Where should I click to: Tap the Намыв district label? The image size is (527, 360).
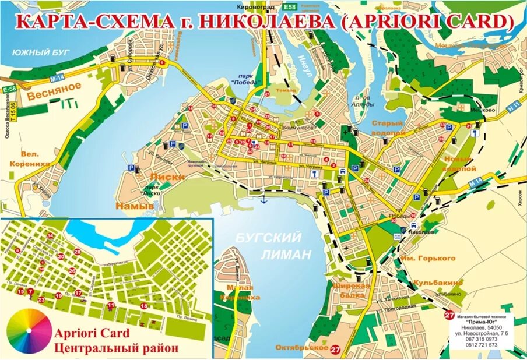click(x=134, y=206)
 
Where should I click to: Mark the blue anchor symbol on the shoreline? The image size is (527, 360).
click(x=263, y=200)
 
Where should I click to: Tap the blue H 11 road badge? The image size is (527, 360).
click(x=513, y=107)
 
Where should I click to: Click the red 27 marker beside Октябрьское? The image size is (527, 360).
click(x=335, y=350)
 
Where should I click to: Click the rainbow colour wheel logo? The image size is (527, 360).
click(x=29, y=330)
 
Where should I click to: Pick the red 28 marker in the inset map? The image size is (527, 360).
click(x=77, y=252)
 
